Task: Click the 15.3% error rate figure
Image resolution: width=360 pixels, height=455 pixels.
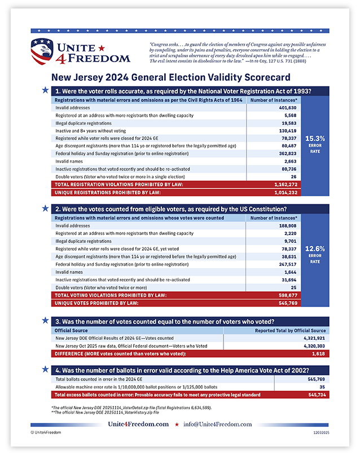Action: pos(315,138)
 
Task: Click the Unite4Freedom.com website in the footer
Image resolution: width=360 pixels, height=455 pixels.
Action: pos(138,424)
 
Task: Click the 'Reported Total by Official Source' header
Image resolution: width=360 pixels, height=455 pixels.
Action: pos(290,330)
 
